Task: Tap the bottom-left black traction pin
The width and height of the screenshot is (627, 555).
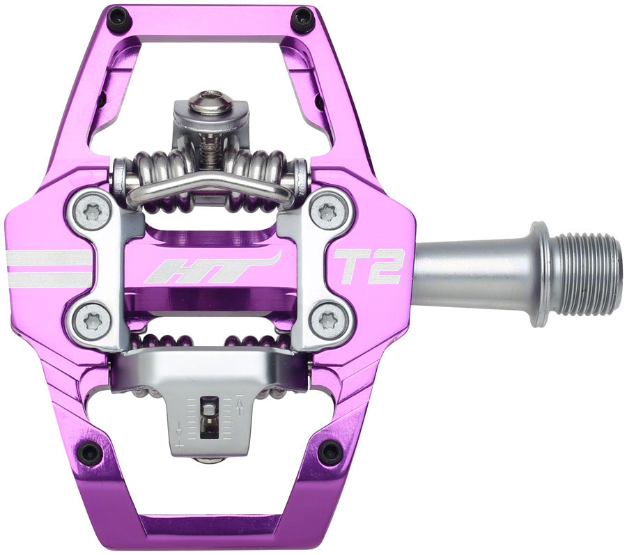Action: [90, 453]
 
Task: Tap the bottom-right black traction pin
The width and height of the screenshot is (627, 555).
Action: [330, 453]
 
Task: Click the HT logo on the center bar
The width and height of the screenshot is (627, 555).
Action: [209, 269]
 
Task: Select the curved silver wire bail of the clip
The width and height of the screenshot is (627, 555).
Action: [209, 182]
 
